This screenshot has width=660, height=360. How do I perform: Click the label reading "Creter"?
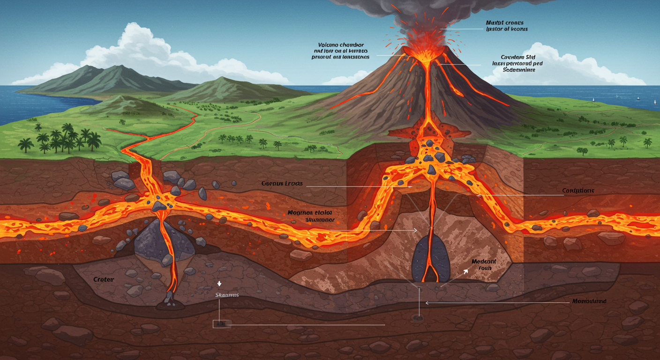coord(104,279)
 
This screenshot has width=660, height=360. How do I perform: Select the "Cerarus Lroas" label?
coord(282,183)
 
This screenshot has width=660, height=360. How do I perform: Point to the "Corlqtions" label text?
coord(578,191)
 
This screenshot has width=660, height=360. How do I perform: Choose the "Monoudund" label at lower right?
coord(589,301)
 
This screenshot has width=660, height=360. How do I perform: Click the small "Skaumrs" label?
coord(227,295)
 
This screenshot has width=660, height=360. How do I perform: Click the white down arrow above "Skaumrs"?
coord(218,284)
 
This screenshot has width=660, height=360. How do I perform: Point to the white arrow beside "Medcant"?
coord(465,270)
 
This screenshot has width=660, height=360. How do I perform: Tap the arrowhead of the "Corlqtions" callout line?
coord(478,195)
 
